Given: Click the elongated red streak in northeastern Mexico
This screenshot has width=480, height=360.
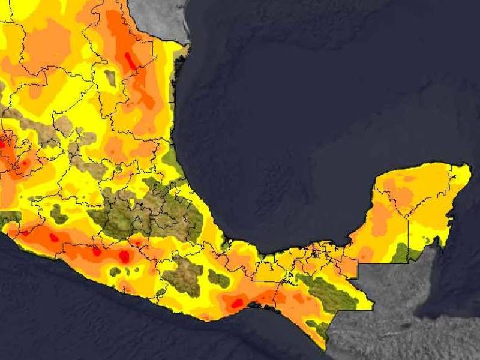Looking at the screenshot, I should [130, 61].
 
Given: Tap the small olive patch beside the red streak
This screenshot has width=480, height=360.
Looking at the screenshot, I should [110, 77].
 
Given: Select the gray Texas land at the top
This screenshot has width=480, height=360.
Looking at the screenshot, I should [156, 15].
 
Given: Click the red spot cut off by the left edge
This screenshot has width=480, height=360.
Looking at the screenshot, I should [2, 145].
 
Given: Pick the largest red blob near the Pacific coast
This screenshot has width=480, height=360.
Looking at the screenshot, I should [124, 256].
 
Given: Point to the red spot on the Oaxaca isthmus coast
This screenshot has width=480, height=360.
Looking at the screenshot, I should [237, 303].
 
